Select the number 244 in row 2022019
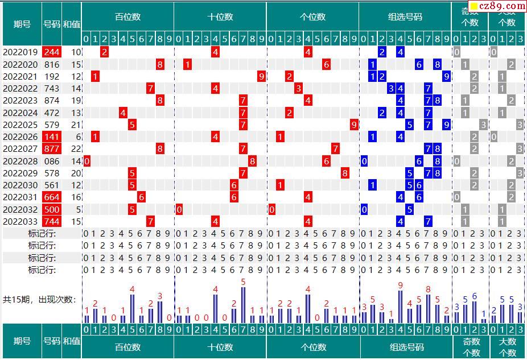tap(52, 52)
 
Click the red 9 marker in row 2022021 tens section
tap(261, 76)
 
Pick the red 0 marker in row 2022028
tap(87, 161)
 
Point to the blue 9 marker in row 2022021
tap(447, 76)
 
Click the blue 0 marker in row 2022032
tap(364, 209)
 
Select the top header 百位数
tap(127, 17)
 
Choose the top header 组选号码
tap(405, 17)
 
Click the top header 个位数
tap(312, 17)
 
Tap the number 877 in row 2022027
tap(52, 148)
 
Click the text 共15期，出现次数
tap(39, 299)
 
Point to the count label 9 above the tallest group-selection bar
tap(401, 285)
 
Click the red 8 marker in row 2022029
tap(345, 173)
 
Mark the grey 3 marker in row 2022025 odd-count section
tap(483, 125)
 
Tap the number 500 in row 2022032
tap(52, 209)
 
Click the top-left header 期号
tap(22, 24)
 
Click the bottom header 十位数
tap(220, 347)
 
